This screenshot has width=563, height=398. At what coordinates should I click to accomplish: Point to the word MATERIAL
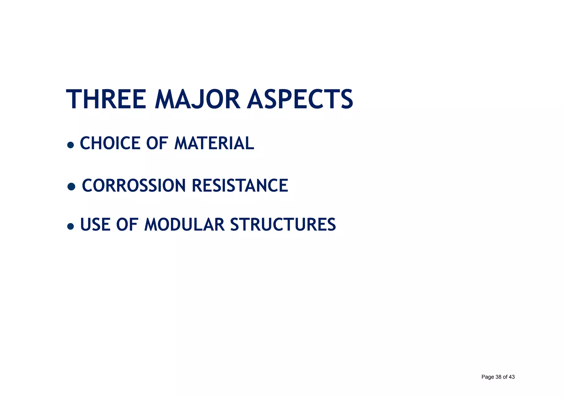(x=214, y=143)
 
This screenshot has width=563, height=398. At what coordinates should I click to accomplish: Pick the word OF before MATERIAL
(x=157, y=143)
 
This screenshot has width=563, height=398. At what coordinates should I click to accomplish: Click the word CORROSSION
(x=134, y=185)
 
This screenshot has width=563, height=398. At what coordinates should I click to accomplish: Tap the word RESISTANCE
(x=240, y=185)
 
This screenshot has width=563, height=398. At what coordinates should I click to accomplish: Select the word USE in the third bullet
(x=95, y=224)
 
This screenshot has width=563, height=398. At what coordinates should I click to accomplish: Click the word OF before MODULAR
(x=127, y=224)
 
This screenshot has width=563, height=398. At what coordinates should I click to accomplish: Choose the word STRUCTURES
(x=283, y=224)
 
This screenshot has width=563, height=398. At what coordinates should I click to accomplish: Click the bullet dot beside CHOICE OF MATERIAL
(x=71, y=145)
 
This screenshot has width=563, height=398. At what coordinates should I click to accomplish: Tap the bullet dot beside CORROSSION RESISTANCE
(x=71, y=186)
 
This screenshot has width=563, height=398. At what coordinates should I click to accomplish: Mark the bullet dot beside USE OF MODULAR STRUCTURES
(x=71, y=226)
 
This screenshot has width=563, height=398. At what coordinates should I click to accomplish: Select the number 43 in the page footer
(x=512, y=377)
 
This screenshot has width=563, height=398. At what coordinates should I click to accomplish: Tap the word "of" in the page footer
(x=505, y=377)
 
